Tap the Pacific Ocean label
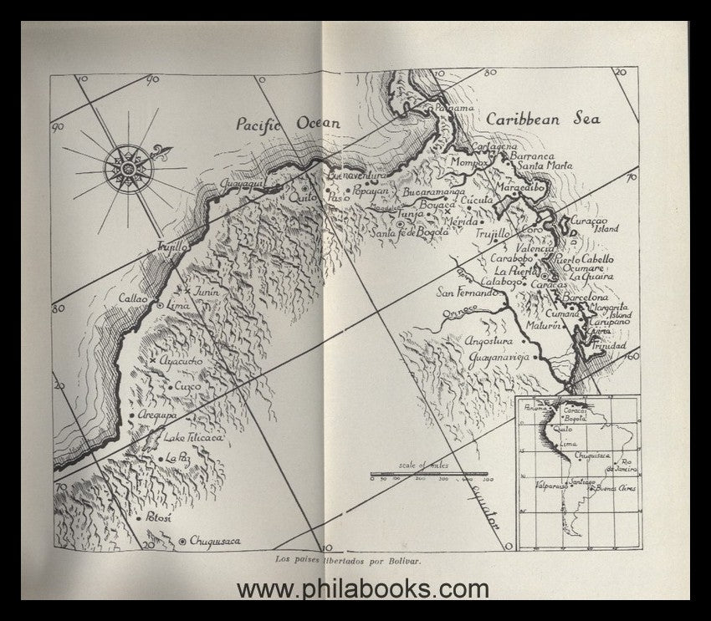pos(288,124)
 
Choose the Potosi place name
pos(156,518)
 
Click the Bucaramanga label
pos(434,191)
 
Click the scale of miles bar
pos(430,475)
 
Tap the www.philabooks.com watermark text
pos(362,589)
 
